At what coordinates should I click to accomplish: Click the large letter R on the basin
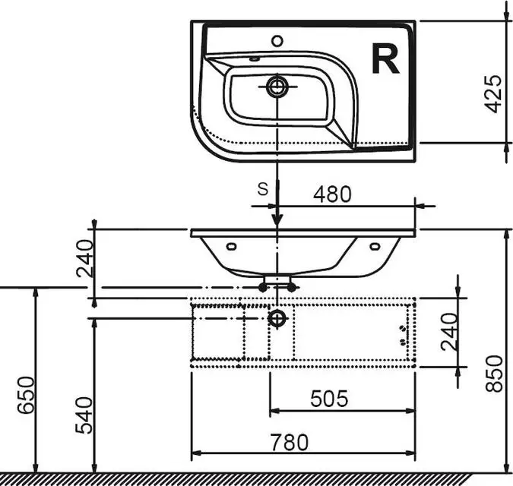point(385,59)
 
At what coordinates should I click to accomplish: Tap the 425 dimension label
point(492,94)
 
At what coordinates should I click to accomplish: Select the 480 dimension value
point(332,194)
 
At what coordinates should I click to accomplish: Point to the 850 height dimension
point(494,374)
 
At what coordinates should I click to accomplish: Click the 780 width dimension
point(290,442)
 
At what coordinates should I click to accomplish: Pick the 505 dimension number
point(329,399)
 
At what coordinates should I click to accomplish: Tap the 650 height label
point(26,395)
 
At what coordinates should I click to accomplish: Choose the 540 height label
point(84,415)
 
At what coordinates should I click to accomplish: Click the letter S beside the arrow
point(263,189)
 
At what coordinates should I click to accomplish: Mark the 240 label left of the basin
point(84,258)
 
